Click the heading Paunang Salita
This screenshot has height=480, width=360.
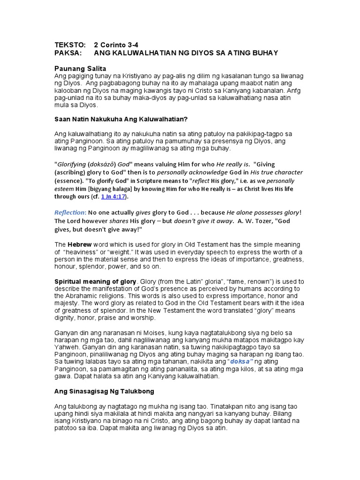(x=81, y=68)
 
